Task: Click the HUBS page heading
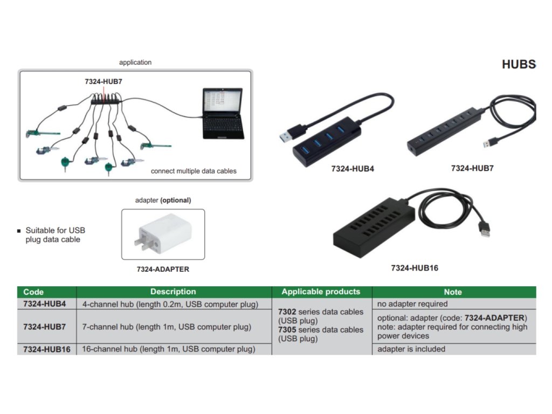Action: (x=519, y=65)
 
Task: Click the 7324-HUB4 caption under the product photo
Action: (x=353, y=169)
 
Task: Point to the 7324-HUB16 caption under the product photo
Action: (x=415, y=268)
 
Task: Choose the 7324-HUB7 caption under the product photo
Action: (x=472, y=168)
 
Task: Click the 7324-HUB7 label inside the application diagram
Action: (x=107, y=81)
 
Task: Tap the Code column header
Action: (x=33, y=292)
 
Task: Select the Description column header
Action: (x=173, y=292)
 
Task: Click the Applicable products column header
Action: (x=321, y=292)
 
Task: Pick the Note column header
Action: (x=453, y=292)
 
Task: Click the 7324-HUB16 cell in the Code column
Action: (x=47, y=349)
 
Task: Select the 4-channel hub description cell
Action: (x=170, y=304)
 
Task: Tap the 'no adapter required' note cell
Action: (x=412, y=304)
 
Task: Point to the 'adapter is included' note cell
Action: (x=411, y=349)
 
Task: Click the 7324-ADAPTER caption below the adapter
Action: (x=163, y=269)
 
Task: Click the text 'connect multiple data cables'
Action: (x=194, y=171)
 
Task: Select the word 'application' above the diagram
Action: (x=135, y=63)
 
